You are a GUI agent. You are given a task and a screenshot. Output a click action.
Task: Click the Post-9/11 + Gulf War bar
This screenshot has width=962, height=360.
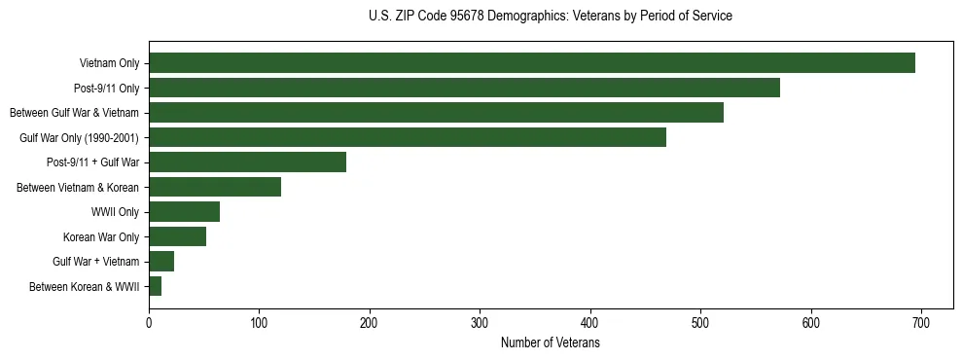[247, 162]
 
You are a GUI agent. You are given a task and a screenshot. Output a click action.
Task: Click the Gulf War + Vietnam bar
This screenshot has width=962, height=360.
[161, 262]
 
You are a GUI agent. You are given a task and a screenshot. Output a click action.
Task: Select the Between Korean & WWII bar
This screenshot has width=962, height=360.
[155, 286]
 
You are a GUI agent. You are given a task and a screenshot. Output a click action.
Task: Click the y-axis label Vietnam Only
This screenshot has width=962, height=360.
[109, 64]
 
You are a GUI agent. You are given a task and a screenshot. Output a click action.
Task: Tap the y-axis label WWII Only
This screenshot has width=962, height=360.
[115, 212]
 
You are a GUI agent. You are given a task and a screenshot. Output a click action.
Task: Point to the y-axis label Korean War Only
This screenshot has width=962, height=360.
[101, 237]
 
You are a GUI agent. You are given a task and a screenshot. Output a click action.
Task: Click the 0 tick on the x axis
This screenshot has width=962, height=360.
[149, 322]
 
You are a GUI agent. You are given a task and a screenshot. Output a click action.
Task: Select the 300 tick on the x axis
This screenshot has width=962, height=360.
[480, 322]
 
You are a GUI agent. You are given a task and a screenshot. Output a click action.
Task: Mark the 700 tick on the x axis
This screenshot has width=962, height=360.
[921, 322]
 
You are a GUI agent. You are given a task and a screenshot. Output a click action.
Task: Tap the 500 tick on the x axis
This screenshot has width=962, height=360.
[700, 322]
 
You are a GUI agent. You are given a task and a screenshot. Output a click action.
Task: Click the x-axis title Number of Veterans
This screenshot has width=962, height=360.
[550, 343]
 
